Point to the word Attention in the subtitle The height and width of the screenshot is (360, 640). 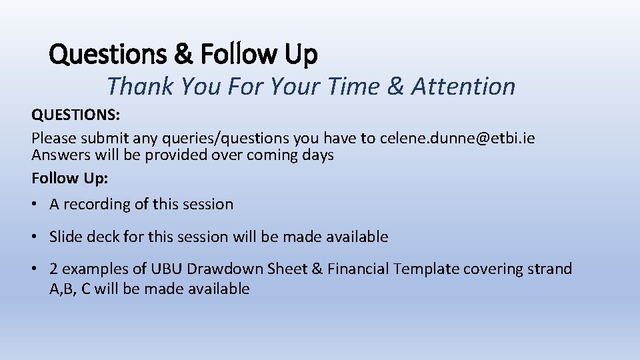(x=463, y=86)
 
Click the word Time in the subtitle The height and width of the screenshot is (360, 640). (x=363, y=86)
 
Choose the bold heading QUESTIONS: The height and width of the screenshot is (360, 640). (x=76, y=115)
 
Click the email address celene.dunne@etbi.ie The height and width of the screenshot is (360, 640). (x=457, y=138)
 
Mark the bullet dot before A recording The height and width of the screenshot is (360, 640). (x=35, y=205)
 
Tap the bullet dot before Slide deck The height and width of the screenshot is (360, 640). (x=35, y=237)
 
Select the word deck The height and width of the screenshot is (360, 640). (x=103, y=237)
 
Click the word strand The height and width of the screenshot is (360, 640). (x=549, y=269)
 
